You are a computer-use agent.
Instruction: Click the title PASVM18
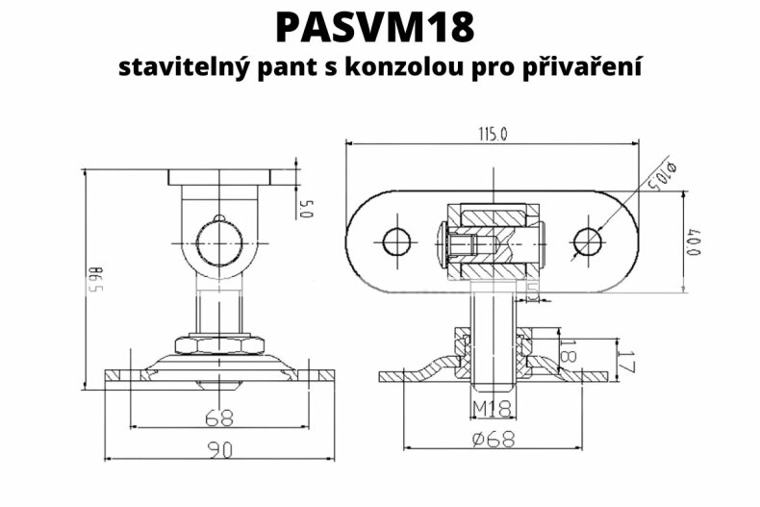[x=375, y=27]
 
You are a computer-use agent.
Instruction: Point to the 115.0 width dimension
[x=492, y=135]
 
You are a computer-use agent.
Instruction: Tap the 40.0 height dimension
[x=691, y=241]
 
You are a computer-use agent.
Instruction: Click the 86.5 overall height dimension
[x=94, y=279]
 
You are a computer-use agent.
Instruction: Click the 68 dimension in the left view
[x=220, y=418]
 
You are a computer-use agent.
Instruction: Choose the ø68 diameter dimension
[x=494, y=439]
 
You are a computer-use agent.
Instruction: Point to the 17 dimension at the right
[x=627, y=363]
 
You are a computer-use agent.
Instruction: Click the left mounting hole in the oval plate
[x=395, y=241]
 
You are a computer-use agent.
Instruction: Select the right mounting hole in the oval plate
[x=587, y=241]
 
